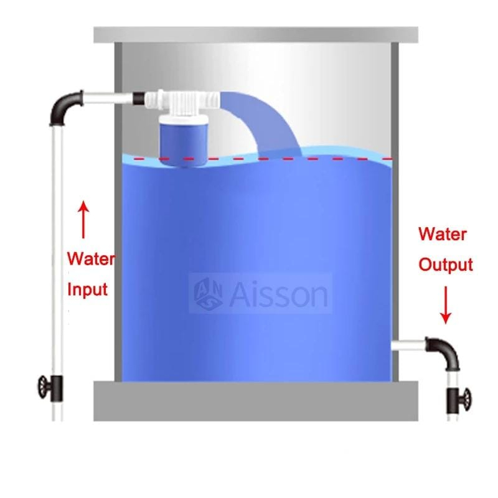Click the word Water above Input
coord(90,258)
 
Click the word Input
coord(87,289)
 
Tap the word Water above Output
coord(443,235)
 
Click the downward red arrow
coord(446,306)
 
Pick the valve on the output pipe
coord(459,396)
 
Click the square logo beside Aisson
coord(209,293)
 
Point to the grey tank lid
coord(255,35)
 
